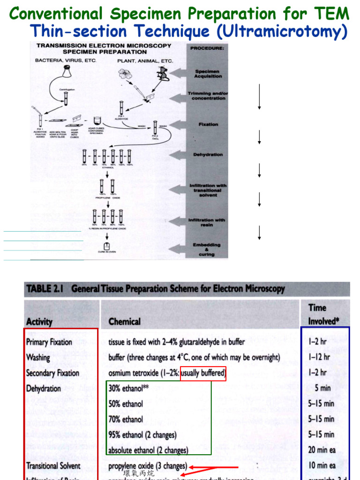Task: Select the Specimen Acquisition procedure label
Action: click(x=208, y=74)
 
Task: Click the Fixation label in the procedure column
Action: click(x=208, y=124)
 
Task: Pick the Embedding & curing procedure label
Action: click(x=207, y=249)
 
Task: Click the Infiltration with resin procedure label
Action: click(x=207, y=222)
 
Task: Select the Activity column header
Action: click(x=39, y=322)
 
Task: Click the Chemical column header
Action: click(x=124, y=322)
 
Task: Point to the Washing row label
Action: click(x=38, y=358)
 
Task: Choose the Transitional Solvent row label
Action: click(x=53, y=466)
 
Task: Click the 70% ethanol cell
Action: click(x=126, y=419)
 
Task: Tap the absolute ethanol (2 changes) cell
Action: click(x=148, y=450)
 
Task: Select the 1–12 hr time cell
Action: click(x=321, y=358)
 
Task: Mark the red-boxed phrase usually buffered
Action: click(x=203, y=374)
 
